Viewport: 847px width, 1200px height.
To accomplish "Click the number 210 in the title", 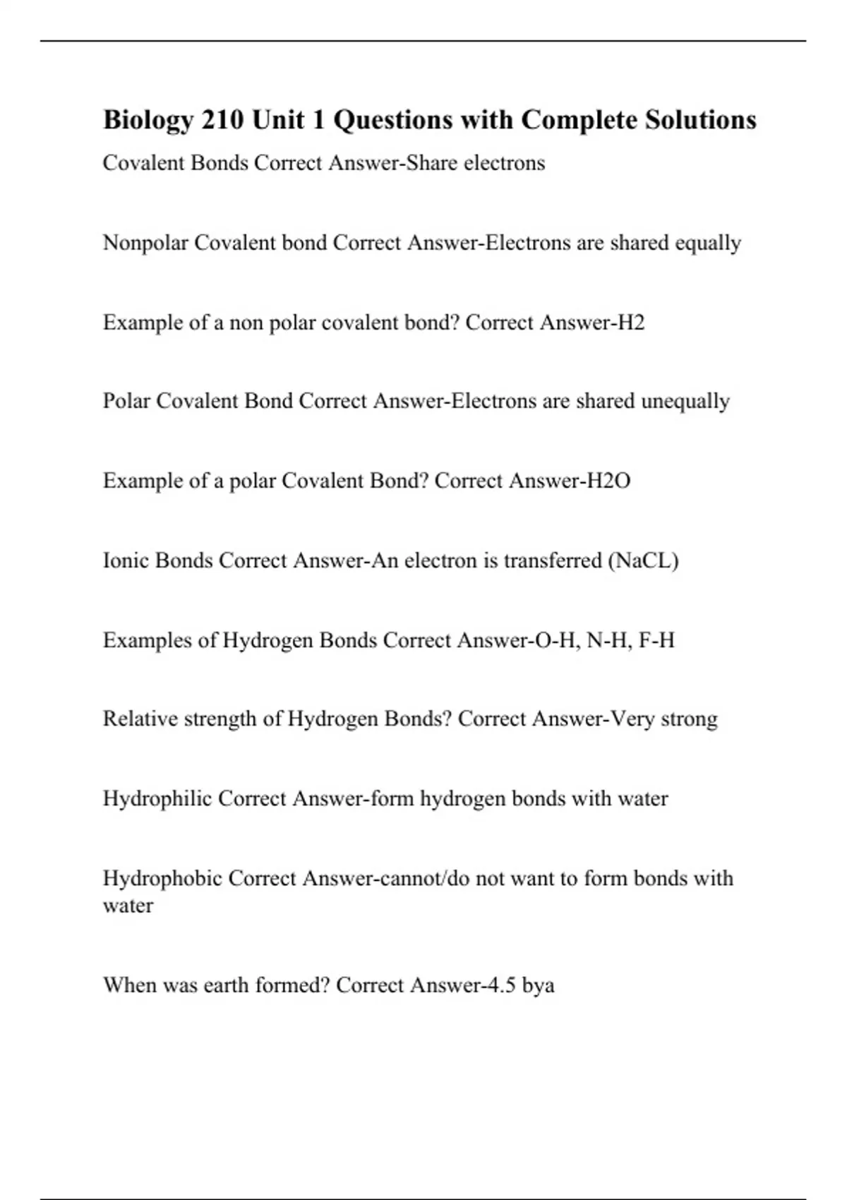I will click(x=223, y=120).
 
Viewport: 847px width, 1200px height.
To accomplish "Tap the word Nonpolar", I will click(x=145, y=243).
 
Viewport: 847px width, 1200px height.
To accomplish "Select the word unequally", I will click(x=685, y=402).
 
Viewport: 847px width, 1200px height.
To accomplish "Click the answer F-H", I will click(x=656, y=640).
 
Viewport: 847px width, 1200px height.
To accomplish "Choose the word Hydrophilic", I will click(x=157, y=799).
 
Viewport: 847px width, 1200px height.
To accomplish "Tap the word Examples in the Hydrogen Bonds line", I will click(x=147, y=640).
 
